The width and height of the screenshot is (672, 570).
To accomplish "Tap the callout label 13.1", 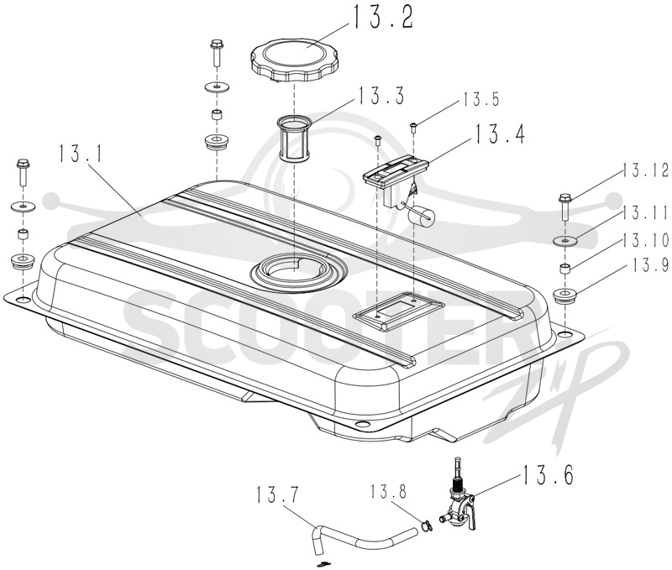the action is [x=81, y=154].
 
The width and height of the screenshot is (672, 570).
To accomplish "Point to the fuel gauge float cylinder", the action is [x=421, y=214].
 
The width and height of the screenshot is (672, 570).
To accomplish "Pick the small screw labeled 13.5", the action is [x=413, y=126].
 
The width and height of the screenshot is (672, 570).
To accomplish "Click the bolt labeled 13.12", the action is [x=564, y=207].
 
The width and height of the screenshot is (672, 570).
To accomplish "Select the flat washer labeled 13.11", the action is [x=565, y=241].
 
